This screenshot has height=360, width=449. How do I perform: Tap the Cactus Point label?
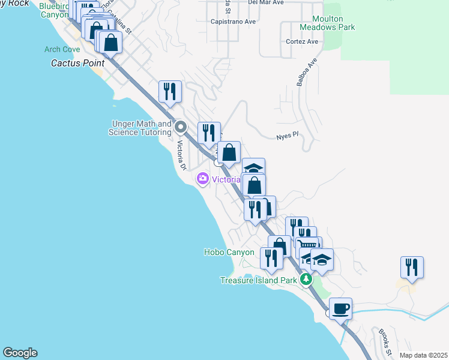coord(77,62)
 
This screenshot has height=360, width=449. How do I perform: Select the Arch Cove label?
coord(61,50)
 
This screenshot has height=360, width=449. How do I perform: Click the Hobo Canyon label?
coord(229,253)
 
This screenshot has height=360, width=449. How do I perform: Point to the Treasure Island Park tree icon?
coord(306,279)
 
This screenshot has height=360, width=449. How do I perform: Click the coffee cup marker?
coord(340,309)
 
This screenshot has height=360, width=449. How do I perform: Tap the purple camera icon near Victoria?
coord(202,178)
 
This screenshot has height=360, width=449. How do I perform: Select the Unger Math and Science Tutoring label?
coord(140,128)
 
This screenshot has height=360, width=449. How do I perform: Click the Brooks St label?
coord(385,341)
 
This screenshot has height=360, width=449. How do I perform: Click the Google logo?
coord(20,353)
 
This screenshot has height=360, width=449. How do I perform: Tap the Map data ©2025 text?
coord(423,355)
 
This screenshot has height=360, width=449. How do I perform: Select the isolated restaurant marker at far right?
coord(412,268)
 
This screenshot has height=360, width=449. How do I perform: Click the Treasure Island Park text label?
coord(258,280)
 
